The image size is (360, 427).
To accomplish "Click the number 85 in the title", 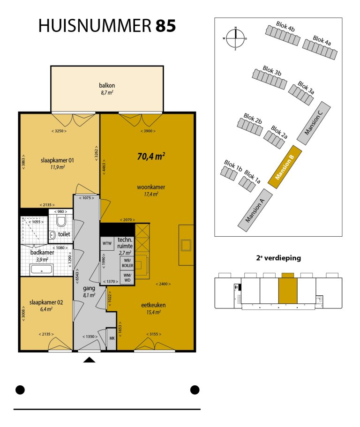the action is (165, 26).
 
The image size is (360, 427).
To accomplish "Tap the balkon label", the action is (107, 85).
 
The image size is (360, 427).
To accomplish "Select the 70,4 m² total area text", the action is (151, 156).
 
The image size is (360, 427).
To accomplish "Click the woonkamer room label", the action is (151, 187).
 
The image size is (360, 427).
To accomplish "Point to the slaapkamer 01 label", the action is (57, 160).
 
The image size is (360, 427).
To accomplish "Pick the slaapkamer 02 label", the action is (46, 302).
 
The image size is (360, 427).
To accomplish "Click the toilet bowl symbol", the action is (61, 221).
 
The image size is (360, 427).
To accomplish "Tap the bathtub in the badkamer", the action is (42, 270).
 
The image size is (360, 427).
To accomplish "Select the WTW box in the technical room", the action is (107, 243).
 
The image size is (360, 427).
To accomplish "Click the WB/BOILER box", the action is (127, 263).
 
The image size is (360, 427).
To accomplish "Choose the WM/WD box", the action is (127, 277).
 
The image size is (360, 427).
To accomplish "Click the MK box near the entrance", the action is (112, 338).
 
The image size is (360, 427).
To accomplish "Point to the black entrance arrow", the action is (90, 360).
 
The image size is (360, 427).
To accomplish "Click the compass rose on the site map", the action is (235, 38).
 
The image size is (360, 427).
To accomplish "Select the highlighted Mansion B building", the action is (285, 167).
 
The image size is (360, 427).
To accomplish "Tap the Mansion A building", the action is (255, 210).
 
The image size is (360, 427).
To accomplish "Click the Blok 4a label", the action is (322, 41).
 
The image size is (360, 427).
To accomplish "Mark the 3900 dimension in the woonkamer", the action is (148, 131).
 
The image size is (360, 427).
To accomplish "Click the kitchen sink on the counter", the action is (186, 245).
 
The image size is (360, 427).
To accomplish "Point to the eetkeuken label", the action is (153, 305).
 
